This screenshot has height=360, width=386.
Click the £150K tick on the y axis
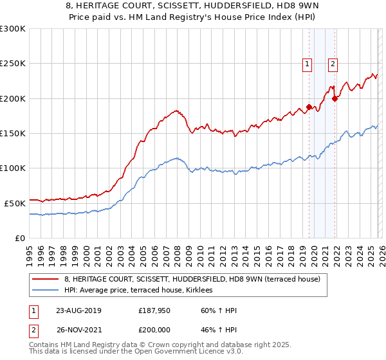pos(13,133)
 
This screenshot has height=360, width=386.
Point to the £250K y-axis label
pos(13,64)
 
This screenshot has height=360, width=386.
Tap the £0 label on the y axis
pos(19,238)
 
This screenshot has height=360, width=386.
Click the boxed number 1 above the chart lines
pos(307,64)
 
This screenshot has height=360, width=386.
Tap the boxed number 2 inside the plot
pos(333,64)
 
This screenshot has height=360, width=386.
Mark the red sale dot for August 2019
pos(309,107)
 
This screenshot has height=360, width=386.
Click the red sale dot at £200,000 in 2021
pos(335,98)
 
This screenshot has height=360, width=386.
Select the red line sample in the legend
pos(46,278)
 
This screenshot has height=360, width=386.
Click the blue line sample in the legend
pos(46,290)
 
